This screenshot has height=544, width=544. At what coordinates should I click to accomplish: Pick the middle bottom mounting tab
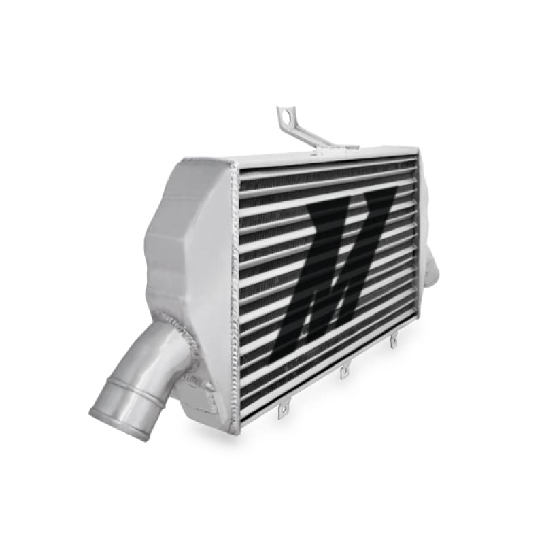pyautogui.click(x=345, y=371)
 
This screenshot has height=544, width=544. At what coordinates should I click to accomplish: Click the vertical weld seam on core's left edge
pyautogui.click(x=235, y=292)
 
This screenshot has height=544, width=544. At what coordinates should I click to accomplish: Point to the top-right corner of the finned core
pyautogui.click(x=415, y=155)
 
